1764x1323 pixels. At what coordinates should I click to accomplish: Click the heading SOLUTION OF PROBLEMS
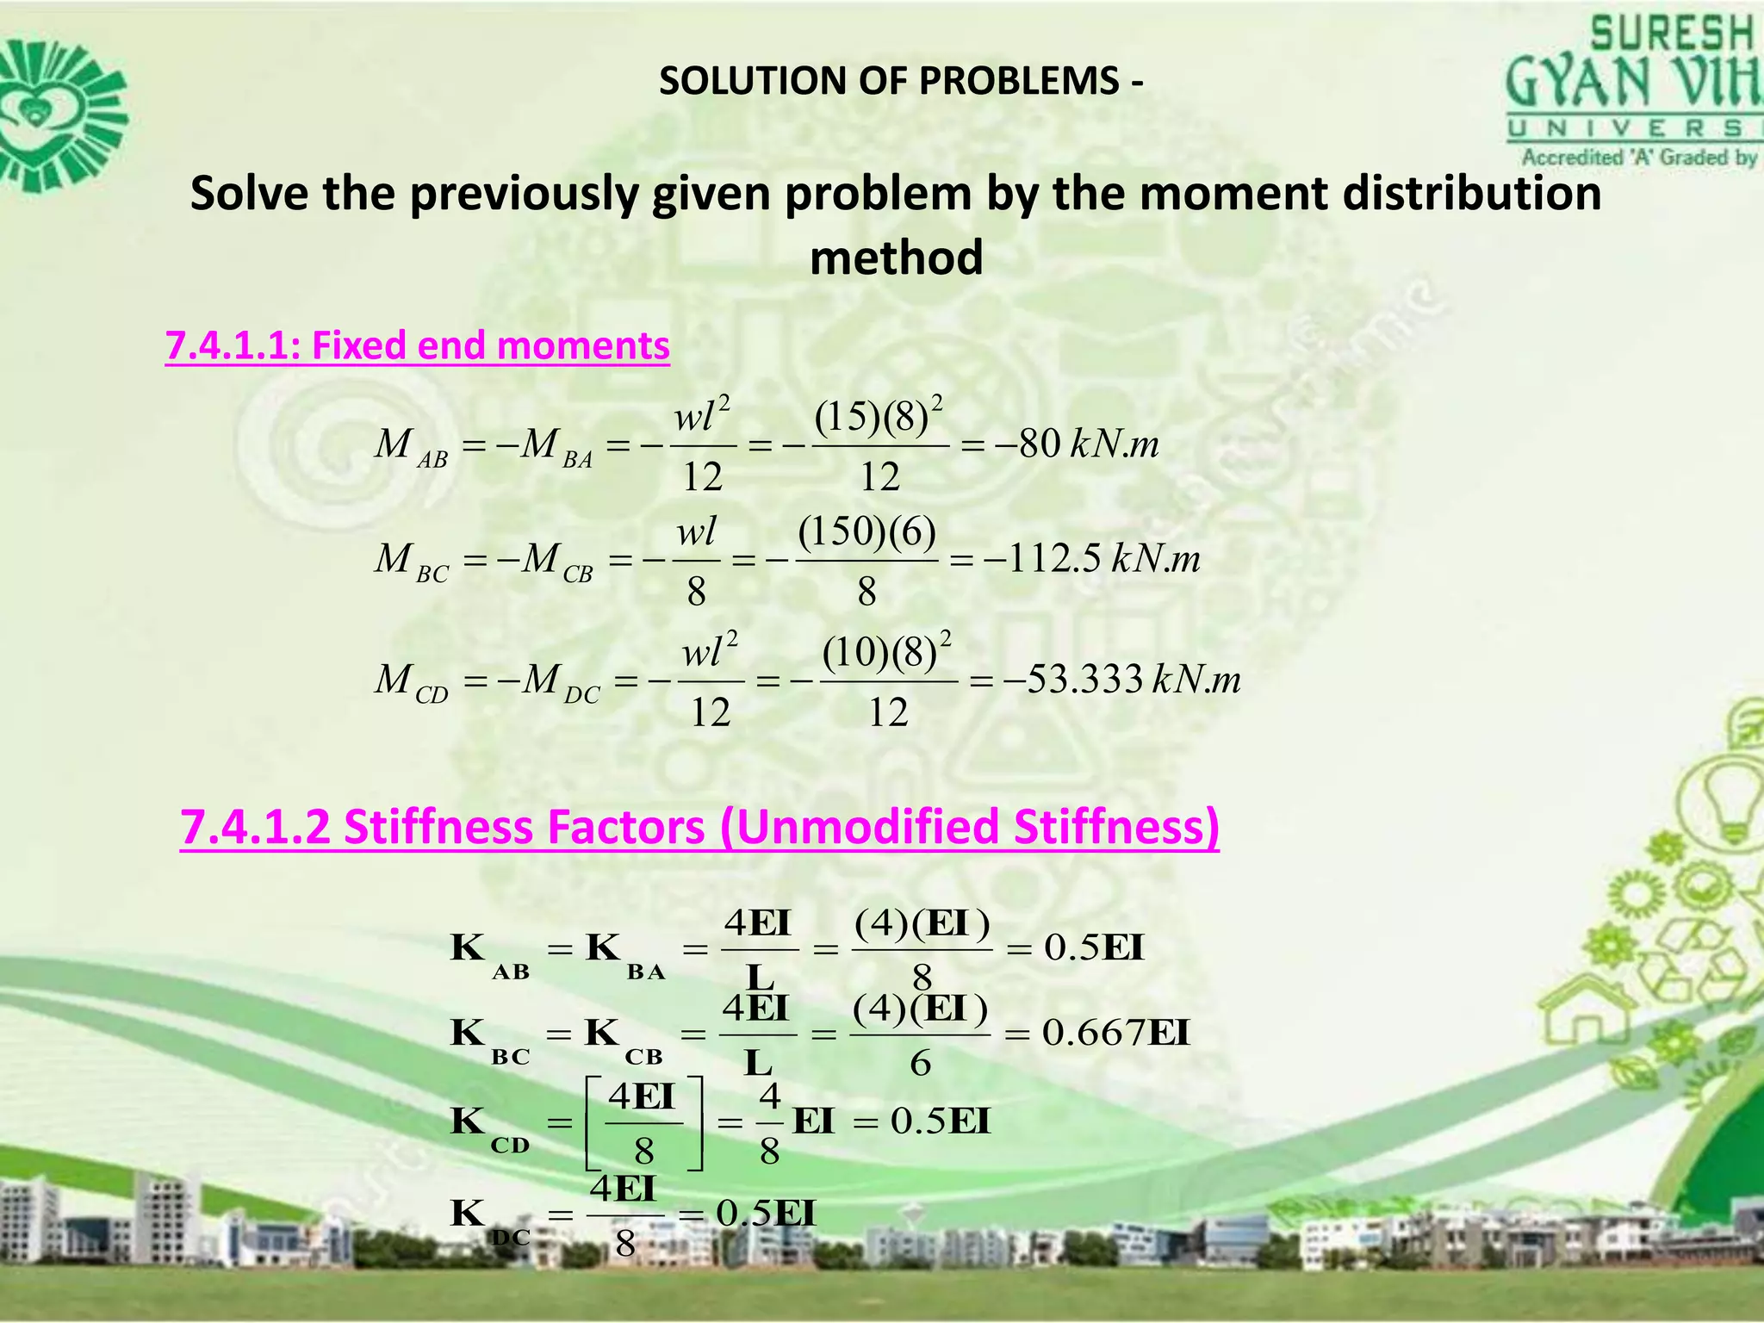[901, 81]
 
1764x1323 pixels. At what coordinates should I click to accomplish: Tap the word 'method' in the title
[896, 258]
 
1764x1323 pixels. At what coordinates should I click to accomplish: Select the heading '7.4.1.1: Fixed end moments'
[417, 345]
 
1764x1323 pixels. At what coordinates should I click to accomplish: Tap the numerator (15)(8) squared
[879, 416]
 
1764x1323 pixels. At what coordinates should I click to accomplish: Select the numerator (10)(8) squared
[887, 652]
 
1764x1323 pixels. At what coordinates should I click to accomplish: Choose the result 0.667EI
[1115, 1032]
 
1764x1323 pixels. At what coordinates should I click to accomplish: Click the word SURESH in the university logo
[1671, 35]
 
